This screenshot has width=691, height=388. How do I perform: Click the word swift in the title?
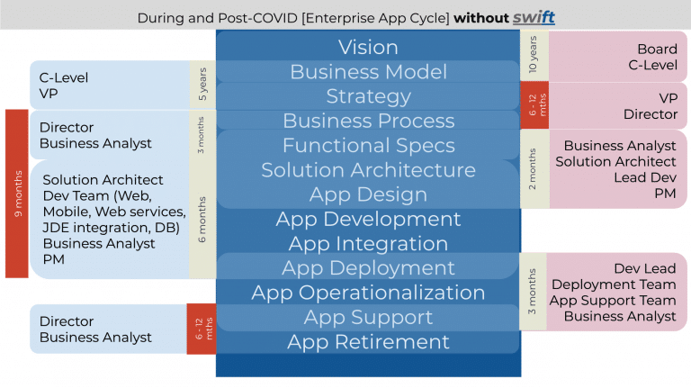tap(534, 17)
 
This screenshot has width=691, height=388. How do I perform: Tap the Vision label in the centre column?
tap(368, 47)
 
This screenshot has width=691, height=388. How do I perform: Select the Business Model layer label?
tap(368, 72)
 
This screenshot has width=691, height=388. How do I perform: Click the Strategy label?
tap(368, 96)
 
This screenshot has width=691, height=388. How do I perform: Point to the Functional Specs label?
tap(368, 146)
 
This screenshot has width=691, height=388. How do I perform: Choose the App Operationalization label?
tap(368, 293)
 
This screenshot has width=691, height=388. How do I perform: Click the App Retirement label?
tap(368, 342)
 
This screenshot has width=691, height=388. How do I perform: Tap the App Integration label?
tap(368, 244)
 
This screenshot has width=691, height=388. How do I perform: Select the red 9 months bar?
tap(17, 194)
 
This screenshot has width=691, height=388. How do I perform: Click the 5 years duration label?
tap(202, 84)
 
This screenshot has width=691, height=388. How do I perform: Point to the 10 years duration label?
tap(533, 55)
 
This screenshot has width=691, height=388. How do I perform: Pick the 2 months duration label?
tap(533, 169)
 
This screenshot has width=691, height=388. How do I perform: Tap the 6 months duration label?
tap(202, 220)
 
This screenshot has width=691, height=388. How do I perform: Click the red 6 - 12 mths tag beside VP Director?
tap(534, 105)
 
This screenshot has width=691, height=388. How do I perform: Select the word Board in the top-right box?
tap(657, 49)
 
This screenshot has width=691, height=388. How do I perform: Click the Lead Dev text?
tap(645, 177)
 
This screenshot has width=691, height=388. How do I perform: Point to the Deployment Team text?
tap(614, 284)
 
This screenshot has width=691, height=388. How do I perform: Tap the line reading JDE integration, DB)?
tap(111, 228)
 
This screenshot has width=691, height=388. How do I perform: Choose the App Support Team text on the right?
tap(613, 301)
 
